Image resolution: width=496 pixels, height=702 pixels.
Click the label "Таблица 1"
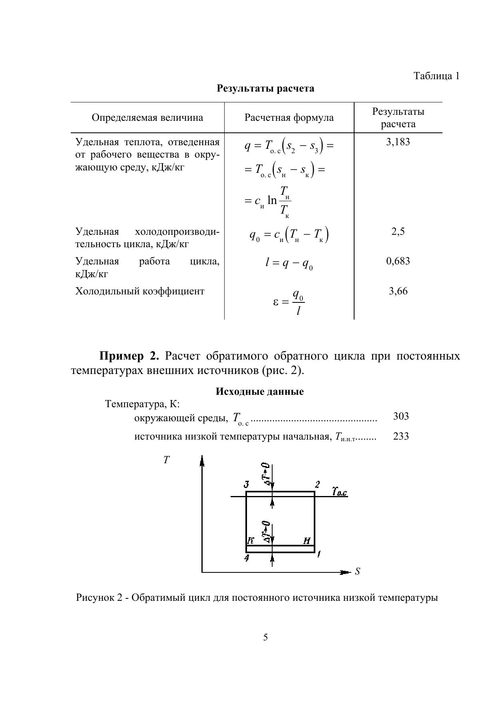436,76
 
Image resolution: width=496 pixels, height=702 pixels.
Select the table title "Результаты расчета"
265,88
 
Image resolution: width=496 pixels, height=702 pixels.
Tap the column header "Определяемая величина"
147,118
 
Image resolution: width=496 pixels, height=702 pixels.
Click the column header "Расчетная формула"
289,118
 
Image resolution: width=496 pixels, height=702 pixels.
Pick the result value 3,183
398,142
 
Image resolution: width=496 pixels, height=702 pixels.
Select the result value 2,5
398,232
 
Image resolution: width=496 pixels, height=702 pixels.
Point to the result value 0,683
398,261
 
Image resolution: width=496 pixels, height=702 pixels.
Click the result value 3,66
398,291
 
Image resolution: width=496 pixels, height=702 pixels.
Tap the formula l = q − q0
289,264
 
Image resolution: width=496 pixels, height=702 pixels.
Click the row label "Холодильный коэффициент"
140,291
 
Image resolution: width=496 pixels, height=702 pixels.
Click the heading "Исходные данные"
259,391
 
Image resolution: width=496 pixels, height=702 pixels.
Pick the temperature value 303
401,416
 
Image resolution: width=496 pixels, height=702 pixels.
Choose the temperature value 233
401,436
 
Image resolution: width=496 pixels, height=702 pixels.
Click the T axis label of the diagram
167,460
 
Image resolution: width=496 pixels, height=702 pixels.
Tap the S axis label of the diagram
357,572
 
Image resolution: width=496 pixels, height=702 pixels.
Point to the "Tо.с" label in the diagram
339,492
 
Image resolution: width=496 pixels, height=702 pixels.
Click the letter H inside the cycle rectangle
307,541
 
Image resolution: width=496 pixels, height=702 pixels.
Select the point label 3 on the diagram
247,485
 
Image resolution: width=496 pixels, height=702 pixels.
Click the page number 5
265,638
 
